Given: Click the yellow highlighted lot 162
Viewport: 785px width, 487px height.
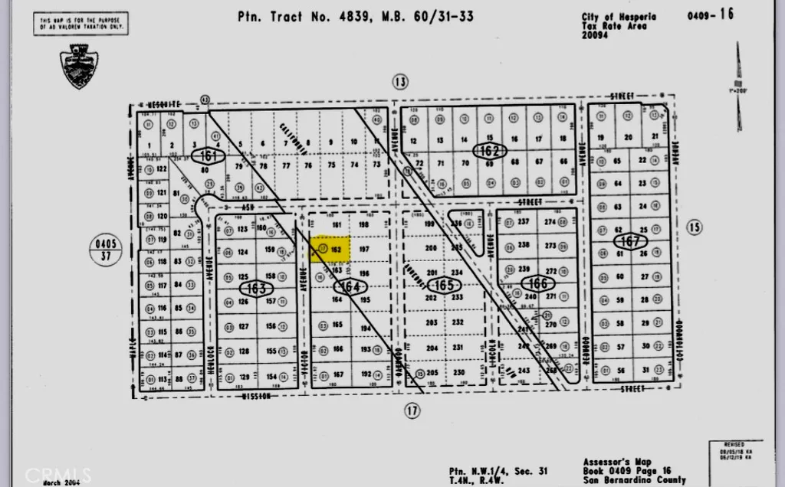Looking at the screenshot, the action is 330,249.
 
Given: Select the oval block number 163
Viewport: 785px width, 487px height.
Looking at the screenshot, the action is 256,289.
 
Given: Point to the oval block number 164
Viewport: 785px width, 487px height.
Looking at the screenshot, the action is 350,286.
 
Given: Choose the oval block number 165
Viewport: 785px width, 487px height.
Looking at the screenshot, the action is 443,286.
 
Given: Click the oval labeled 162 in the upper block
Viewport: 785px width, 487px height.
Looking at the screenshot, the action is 488,151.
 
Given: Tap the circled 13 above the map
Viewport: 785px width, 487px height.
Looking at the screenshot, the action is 399,82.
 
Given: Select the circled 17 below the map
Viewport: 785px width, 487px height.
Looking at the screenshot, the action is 412,411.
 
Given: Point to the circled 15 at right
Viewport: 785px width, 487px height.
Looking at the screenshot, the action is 695,227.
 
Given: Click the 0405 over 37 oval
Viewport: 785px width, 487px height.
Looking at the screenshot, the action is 106,250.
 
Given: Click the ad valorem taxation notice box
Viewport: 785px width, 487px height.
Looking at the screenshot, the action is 80,23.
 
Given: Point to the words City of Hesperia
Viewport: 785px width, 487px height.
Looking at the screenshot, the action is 619,16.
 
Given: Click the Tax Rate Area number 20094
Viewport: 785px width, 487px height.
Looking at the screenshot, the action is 594,34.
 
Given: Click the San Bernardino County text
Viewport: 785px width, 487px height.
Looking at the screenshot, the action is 634,480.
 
